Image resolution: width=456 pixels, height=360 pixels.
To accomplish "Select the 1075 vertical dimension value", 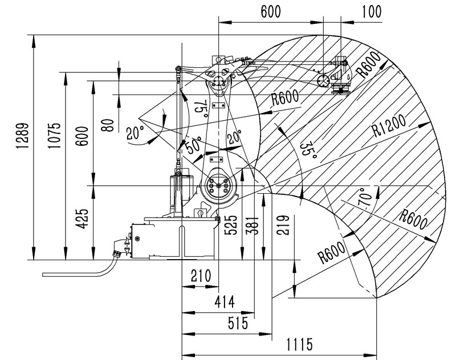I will tap(54, 136).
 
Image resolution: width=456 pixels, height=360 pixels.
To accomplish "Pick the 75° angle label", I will tap(199, 108).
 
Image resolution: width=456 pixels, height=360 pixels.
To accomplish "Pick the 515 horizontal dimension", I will tap(236, 323).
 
